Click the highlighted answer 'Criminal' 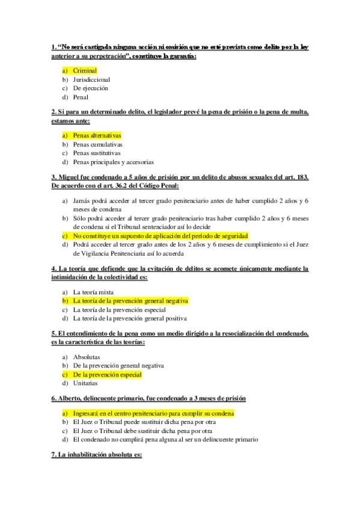point(85,70)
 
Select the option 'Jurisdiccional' point(91,79)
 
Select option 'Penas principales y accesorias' point(113,162)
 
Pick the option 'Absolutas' point(87,357)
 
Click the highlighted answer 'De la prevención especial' point(107,374)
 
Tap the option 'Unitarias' point(85,383)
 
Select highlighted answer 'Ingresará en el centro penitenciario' point(153,414)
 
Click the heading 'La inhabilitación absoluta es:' point(99,455)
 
